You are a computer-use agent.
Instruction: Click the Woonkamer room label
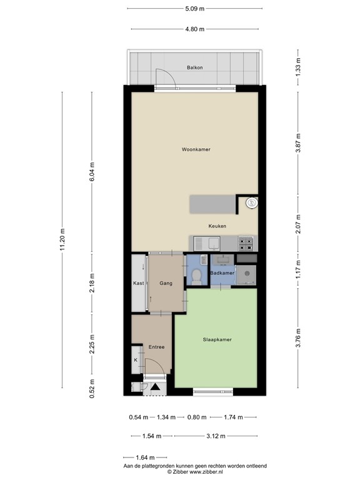click(x=196, y=150)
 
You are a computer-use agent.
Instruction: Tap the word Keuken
click(x=217, y=226)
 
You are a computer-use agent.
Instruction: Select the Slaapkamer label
click(x=217, y=340)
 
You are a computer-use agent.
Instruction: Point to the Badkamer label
click(x=222, y=274)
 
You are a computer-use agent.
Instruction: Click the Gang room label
click(x=166, y=283)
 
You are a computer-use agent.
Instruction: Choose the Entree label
click(x=156, y=347)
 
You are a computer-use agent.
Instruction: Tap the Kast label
click(x=138, y=283)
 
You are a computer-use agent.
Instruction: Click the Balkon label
click(x=195, y=67)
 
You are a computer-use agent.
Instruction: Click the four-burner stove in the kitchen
click(x=245, y=242)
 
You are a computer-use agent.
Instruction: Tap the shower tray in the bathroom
click(x=247, y=274)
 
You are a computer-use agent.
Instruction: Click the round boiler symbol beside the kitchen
click(x=251, y=202)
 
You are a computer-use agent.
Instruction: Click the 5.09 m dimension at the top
click(x=194, y=9)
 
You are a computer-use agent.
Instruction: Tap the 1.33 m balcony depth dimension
click(x=299, y=65)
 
